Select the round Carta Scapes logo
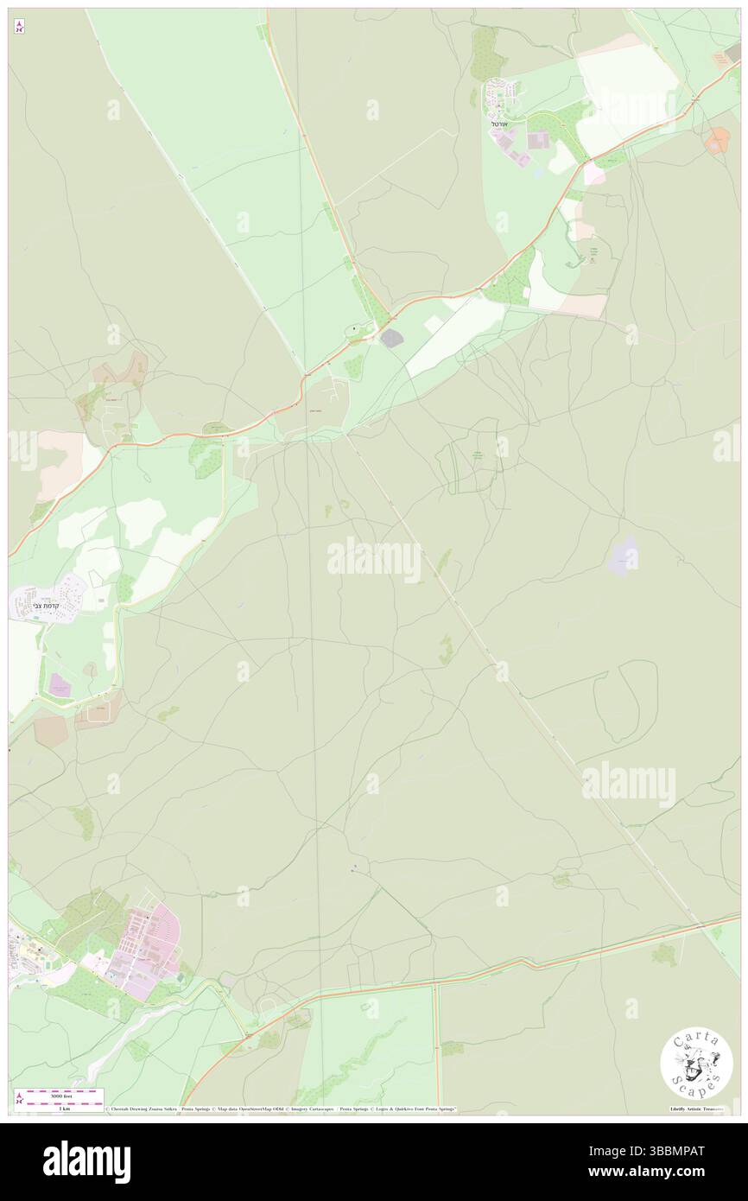point(696,1064)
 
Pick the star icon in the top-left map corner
point(19,27)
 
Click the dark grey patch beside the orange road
point(391,338)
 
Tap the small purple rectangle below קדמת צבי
point(59,685)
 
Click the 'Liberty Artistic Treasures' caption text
point(696,1109)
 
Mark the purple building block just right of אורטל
point(537,140)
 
